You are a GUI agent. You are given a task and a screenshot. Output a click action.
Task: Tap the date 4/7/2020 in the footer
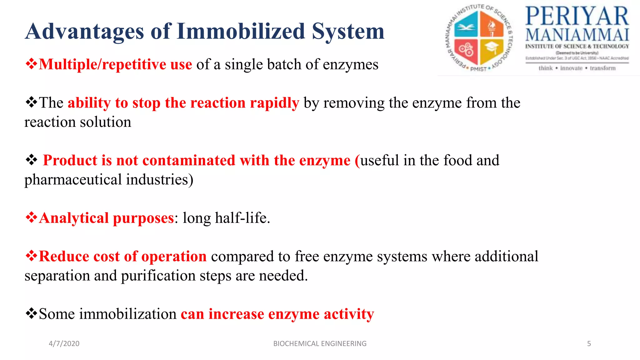tap(64, 343)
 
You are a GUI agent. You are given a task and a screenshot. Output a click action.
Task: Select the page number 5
tap(589, 343)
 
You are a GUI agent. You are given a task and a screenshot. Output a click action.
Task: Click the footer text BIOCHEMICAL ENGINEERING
tap(320, 343)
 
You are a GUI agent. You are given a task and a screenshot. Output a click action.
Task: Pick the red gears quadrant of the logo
tap(466, 50)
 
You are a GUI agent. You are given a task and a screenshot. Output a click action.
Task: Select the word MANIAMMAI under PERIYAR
tap(577, 35)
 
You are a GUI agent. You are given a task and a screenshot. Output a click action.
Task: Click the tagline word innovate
tap(571, 68)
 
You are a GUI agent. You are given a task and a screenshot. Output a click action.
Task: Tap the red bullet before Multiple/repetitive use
tap(31, 64)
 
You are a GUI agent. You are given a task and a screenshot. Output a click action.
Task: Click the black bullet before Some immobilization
tap(31, 313)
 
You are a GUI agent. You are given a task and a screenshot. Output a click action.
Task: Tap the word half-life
tap(242, 218)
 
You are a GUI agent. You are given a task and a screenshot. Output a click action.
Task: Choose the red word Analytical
tap(74, 218)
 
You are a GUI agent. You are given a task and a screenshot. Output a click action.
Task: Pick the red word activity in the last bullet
tap(349, 314)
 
